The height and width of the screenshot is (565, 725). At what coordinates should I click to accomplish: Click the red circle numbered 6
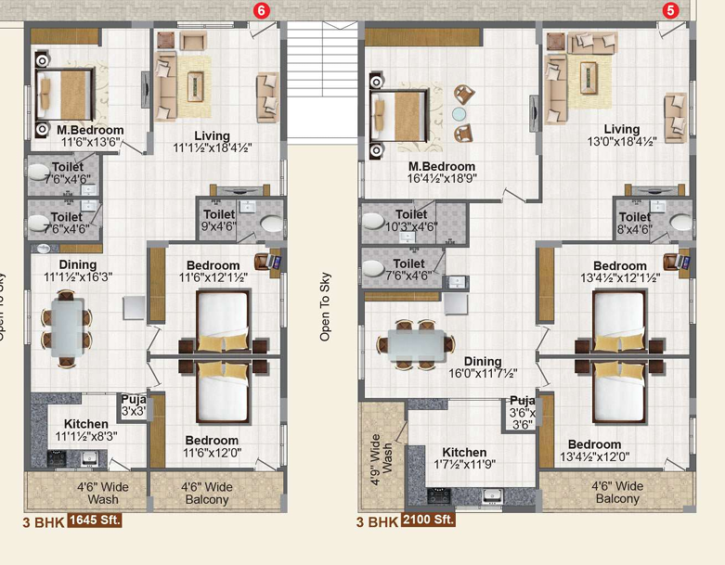(261, 10)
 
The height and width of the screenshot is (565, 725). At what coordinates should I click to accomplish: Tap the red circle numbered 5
(670, 10)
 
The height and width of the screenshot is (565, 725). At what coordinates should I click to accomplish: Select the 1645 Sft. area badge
(95, 520)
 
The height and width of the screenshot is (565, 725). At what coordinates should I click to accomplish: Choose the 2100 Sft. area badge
(428, 520)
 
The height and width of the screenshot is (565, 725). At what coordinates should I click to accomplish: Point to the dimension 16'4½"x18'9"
(442, 178)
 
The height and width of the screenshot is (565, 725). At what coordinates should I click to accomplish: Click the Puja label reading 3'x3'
(134, 405)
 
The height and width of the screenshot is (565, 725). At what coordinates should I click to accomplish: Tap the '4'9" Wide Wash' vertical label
(382, 459)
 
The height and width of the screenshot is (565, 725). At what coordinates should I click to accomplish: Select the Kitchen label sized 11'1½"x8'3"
(86, 430)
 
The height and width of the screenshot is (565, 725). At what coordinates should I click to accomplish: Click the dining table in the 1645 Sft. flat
(67, 327)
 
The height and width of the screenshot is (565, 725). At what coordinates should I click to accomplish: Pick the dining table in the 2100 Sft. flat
(417, 344)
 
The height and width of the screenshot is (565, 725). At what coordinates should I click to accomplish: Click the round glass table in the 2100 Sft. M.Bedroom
(460, 114)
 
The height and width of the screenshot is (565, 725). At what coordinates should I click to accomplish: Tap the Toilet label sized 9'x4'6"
(219, 221)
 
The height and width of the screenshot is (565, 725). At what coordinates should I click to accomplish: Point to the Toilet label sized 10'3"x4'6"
(411, 221)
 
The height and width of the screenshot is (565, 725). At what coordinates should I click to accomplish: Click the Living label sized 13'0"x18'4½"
(622, 135)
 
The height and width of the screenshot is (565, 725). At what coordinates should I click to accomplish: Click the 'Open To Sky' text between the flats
(325, 307)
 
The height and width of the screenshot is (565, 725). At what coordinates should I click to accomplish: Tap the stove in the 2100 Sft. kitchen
(438, 496)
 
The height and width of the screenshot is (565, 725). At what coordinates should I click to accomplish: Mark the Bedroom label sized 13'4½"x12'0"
(595, 451)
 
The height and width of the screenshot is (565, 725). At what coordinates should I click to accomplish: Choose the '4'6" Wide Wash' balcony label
(103, 493)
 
